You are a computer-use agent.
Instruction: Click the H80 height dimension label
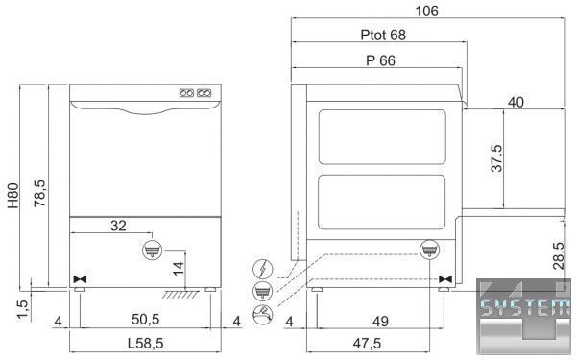click(x=13, y=196)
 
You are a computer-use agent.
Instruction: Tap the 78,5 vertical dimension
click(x=39, y=193)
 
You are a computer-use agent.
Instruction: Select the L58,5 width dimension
click(x=146, y=344)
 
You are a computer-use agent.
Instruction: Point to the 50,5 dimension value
click(x=146, y=320)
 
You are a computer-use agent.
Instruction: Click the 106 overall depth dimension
click(x=426, y=11)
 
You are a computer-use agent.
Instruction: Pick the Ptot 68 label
click(x=383, y=35)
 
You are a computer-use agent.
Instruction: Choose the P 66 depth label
click(x=380, y=60)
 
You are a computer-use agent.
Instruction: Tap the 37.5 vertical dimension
click(x=496, y=158)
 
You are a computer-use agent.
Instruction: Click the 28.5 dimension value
click(x=559, y=255)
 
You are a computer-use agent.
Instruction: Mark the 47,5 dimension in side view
click(x=367, y=344)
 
